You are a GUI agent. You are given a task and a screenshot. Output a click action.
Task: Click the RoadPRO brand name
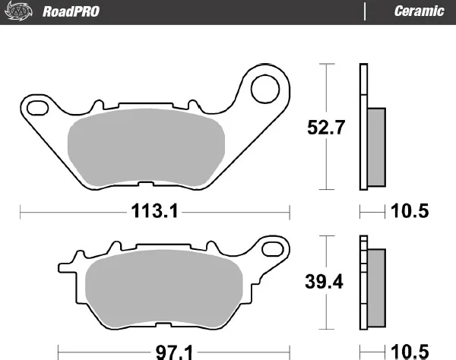click(71, 11)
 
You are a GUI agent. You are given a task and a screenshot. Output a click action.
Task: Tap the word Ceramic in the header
click(419, 11)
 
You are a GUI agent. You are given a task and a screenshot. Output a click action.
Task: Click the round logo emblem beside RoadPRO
click(18, 11)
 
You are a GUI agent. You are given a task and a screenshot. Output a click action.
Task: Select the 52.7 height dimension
click(326, 128)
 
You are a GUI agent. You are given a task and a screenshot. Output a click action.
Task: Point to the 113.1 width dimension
click(154, 210)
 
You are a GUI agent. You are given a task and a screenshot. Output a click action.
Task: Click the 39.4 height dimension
click(324, 282)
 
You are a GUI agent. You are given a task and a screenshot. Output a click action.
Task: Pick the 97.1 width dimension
click(174, 352)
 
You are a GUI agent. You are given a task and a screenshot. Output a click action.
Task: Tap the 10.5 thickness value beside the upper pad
click(410, 210)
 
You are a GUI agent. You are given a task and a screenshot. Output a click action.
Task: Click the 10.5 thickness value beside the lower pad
click(410, 352)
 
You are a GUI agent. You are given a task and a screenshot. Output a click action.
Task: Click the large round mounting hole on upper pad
click(265, 89)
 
